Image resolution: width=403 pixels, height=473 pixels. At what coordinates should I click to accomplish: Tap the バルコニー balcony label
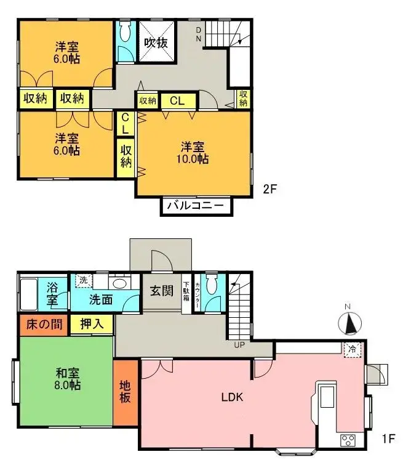[197, 206]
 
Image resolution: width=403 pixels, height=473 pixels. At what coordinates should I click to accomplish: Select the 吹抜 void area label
[156, 42]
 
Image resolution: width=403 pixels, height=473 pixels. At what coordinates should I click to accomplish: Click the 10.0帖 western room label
[194, 153]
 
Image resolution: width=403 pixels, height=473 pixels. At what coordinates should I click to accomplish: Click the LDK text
[233, 397]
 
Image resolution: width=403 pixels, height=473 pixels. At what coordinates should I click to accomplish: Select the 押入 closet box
[90, 324]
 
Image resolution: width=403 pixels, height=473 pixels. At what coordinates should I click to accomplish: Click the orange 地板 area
[125, 392]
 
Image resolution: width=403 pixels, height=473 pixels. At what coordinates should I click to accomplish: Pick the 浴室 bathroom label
[52, 294]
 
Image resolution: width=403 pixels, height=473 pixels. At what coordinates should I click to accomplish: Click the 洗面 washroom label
[101, 301]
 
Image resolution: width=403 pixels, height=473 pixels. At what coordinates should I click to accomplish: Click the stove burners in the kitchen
[348, 440]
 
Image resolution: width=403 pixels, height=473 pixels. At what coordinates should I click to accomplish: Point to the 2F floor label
[271, 189]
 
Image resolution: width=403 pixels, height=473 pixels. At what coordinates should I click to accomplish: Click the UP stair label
[240, 345]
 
